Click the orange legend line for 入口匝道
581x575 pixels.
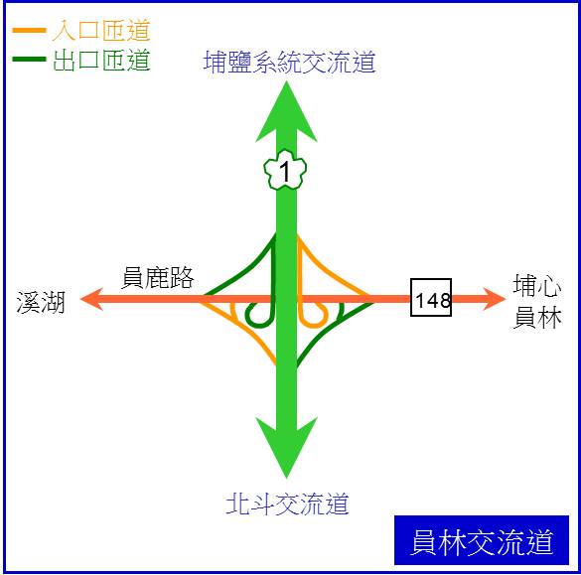[29, 31]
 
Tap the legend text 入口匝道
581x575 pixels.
[101, 31]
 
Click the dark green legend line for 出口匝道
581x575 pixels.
[29, 59]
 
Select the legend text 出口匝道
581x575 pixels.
[101, 60]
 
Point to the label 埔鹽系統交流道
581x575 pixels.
[290, 62]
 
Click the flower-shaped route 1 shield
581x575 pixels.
[285, 170]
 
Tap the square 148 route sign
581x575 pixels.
[431, 298]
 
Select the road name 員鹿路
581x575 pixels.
[158, 277]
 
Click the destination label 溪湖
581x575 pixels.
[41, 302]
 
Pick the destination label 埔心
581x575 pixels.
[537, 285]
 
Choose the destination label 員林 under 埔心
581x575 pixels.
[537, 318]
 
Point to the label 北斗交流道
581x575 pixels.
[288, 503]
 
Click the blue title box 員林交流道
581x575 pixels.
[482, 540]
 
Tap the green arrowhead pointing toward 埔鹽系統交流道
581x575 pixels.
[286, 112]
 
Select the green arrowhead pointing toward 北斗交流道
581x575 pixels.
[286, 448]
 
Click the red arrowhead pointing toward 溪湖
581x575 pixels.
[91, 299]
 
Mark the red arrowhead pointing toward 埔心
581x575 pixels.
[495, 299]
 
